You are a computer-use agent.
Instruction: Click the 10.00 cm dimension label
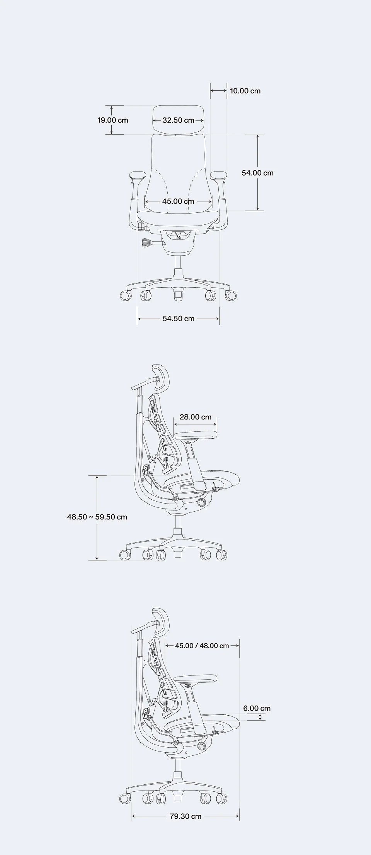[x=245, y=91]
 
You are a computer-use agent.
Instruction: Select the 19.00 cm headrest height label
[x=112, y=120]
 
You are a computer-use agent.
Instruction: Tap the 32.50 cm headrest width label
[x=178, y=120]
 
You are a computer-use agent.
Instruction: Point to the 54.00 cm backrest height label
[x=257, y=173]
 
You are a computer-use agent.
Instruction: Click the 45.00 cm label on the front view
[x=178, y=201]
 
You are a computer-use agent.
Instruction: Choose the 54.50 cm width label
[x=178, y=319]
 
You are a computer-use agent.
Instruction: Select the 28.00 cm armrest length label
[x=196, y=417]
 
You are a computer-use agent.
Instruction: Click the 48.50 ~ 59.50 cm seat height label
[x=97, y=517]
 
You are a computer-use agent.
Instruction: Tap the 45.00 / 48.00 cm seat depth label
[x=202, y=646]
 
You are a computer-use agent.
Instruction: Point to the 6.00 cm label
[x=257, y=708]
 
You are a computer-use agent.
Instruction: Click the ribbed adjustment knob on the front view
[x=147, y=243]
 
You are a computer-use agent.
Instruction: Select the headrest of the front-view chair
[x=178, y=120]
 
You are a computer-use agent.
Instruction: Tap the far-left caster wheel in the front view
[x=126, y=296]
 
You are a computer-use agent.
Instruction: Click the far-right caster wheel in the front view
[x=231, y=296]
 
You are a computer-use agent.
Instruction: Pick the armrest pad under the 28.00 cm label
[x=195, y=434]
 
